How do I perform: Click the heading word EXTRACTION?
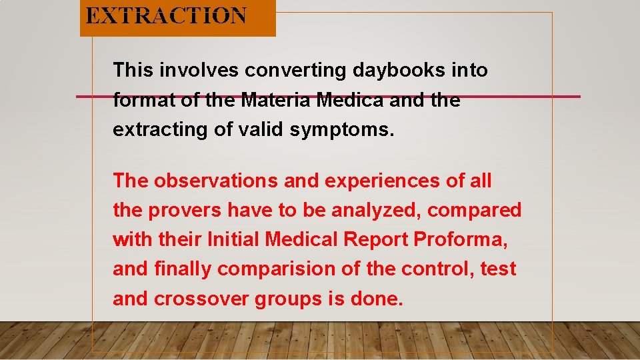166,16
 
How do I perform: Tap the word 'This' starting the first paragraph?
133,70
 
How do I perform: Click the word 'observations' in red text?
213,181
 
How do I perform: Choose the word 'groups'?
287,299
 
